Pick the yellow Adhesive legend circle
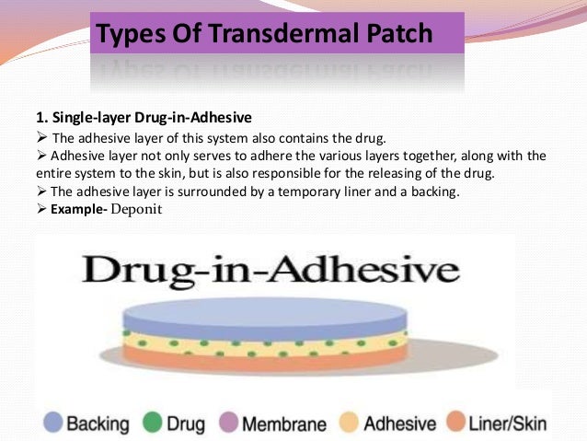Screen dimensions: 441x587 (349, 424)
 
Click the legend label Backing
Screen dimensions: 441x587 (97, 424)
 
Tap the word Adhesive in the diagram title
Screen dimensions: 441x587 (380, 271)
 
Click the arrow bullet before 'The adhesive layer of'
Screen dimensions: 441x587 (40, 138)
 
